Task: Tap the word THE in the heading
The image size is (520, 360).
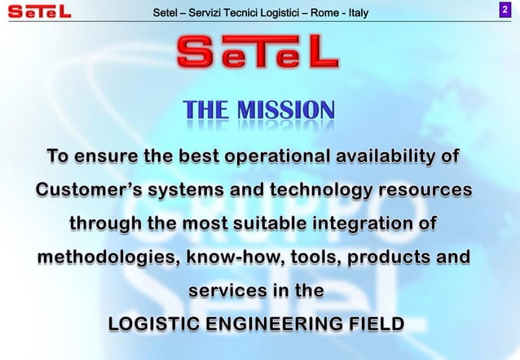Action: click(x=208, y=110)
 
